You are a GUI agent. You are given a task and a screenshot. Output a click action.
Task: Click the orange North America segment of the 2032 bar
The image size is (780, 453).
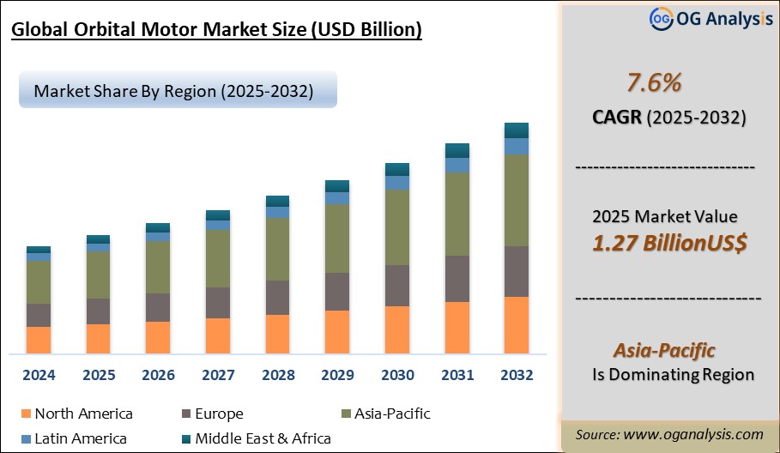coord(516,325)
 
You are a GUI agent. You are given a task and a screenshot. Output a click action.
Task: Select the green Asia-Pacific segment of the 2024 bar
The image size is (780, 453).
coord(39,282)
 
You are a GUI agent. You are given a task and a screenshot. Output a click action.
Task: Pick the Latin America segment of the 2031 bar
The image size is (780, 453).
coord(457,166)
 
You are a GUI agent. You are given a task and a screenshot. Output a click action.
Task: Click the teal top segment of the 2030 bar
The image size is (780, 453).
coord(396,169)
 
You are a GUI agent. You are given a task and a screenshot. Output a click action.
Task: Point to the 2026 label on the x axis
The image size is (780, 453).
coord(158,375)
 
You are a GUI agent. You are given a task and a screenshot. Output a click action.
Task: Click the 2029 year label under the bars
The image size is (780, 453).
coord(337,375)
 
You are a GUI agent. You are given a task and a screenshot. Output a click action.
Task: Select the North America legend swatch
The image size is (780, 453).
coord(24,414)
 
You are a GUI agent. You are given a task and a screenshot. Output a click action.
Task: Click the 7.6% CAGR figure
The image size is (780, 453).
coord(655,83)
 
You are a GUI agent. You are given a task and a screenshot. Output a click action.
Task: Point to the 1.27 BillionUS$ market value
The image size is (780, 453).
coord(669,243)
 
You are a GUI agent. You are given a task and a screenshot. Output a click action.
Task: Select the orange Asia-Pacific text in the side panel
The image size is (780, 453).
coord(664,350)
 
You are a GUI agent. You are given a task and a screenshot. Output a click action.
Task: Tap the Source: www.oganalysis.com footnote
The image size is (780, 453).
coord(669,435)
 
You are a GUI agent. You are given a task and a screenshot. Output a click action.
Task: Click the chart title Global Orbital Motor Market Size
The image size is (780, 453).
coord(216,31)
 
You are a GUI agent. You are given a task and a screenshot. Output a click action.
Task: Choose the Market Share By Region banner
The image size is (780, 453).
coord(172,90)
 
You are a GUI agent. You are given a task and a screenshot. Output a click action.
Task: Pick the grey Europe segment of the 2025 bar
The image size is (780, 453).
coord(98,311)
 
